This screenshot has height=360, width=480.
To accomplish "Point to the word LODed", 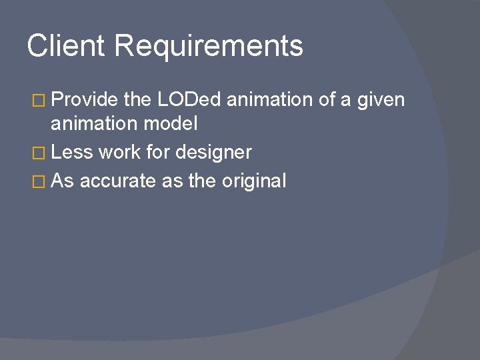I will (x=191, y=101).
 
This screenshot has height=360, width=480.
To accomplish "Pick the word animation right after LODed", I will (x=269, y=101).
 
